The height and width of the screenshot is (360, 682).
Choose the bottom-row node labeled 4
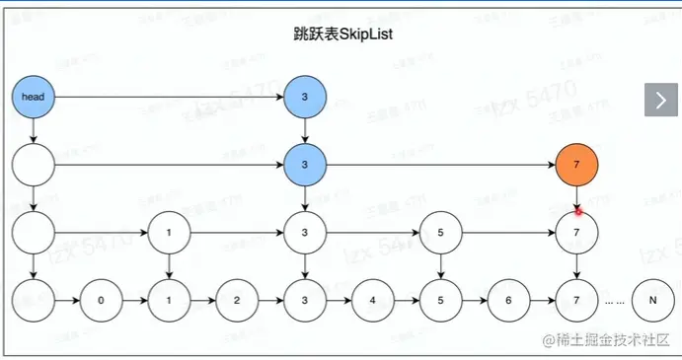372,298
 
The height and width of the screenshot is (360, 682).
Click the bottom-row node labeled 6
508,298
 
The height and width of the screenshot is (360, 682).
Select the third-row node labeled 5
440,234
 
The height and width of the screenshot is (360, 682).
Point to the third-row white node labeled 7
577,234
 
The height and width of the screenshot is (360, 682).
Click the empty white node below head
33,164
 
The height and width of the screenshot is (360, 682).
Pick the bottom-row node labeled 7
577,298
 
